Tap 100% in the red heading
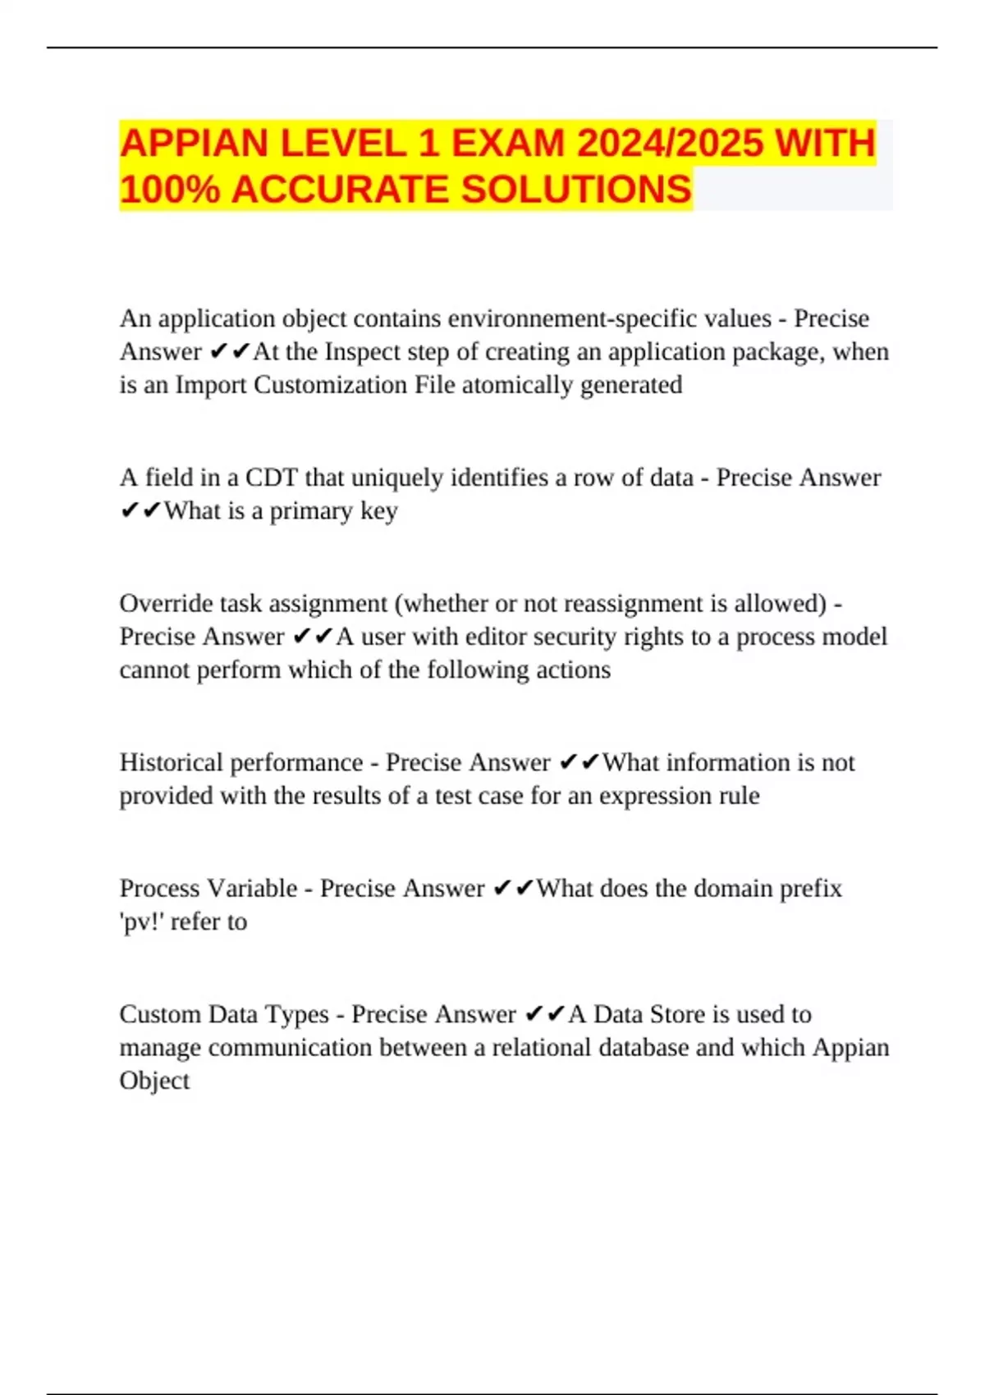[x=169, y=190]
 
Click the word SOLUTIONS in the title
[x=576, y=190]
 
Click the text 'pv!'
[x=141, y=922]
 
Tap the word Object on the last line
[x=154, y=1081]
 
